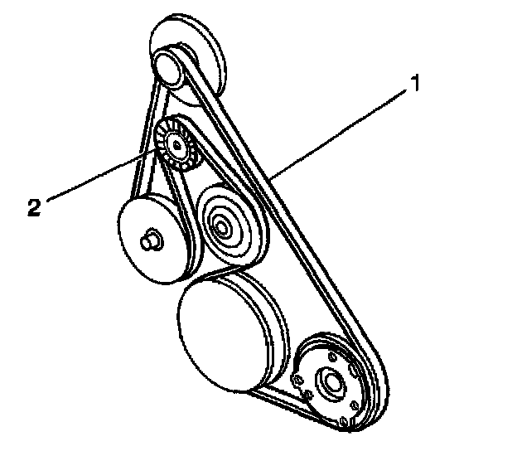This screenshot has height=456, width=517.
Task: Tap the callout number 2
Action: click(x=34, y=207)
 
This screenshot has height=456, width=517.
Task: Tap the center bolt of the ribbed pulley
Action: click(x=175, y=146)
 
